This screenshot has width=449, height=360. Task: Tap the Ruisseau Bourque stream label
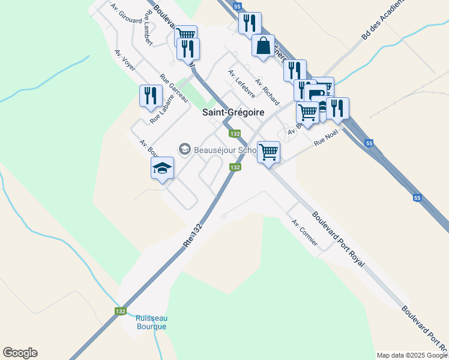click(150, 322)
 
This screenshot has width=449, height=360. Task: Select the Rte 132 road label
click(193, 235)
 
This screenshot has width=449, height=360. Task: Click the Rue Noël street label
click(326, 137)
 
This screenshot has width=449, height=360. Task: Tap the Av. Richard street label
click(267, 90)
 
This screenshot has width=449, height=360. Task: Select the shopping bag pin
click(264, 46)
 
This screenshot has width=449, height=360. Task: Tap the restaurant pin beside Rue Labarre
click(151, 95)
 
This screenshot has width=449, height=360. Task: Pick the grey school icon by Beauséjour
click(184, 148)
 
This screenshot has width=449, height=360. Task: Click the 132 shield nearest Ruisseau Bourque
click(121, 311)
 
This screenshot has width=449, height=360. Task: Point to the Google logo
click(20, 353)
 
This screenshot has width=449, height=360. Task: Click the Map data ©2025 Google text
click(412, 355)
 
